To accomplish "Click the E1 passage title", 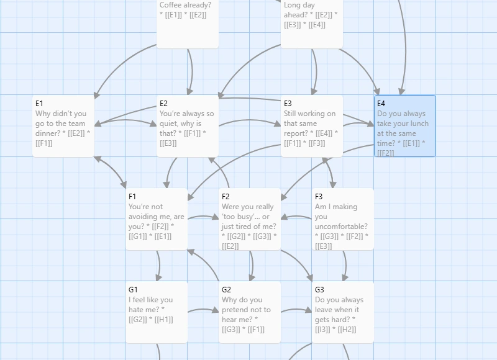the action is coord(39,104).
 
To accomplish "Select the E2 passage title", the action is coord(163,104).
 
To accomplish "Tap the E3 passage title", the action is coord(288,104).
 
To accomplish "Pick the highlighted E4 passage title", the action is coord(381,104).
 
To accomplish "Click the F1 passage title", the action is coord(132,197).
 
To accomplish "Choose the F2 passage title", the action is coord(226,197).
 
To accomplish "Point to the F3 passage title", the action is coord(319,197).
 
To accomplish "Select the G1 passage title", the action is coord(133,290).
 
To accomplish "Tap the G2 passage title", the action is coord(226,290).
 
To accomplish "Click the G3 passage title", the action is coord(319,290).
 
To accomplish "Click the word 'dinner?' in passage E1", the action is coord(48,133).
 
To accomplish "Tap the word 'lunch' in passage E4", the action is coord(420,124).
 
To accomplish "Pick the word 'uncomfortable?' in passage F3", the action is coord(341,227).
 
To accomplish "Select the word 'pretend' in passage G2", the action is coord(235,310).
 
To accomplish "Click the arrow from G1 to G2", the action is coord(203,310).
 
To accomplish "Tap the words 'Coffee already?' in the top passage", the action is coord(185,5).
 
